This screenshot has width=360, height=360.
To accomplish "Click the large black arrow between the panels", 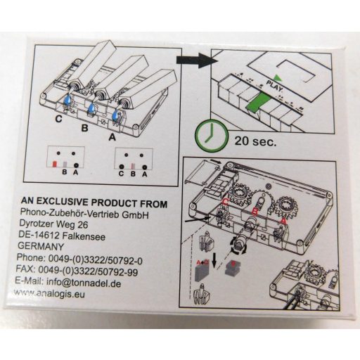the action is pyautogui.click(x=197, y=60).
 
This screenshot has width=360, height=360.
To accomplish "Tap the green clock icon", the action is pyautogui.click(x=212, y=136).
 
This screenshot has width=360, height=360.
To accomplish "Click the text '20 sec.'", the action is pyautogui.click(x=255, y=141).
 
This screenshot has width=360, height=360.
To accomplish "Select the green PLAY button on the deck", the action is pyautogui.click(x=258, y=102).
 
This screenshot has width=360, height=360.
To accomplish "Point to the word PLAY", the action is pyautogui.click(x=276, y=86).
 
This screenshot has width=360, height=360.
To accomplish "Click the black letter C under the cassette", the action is pyautogui.click(x=58, y=119).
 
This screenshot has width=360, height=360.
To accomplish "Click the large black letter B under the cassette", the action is pyautogui.click(x=84, y=128).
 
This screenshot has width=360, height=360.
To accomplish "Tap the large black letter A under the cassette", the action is pyautogui.click(x=112, y=137).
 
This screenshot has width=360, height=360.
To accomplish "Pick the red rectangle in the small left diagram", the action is pyautogui.click(x=54, y=164).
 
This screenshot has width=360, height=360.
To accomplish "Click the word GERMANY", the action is pyautogui.click(x=41, y=246).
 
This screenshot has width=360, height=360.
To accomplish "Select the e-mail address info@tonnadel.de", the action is pyautogui.click(x=84, y=283).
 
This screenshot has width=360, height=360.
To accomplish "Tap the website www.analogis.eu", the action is pyautogui.click(x=49, y=293).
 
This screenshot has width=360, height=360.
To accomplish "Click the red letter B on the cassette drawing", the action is pyautogui.click(x=255, y=212).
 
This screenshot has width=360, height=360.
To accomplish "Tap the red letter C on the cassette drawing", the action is pyautogui.click(x=226, y=202).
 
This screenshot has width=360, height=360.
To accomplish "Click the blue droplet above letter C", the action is pyautogui.click(x=68, y=100).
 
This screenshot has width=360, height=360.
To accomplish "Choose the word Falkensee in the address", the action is pyautogui.click(x=84, y=236).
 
